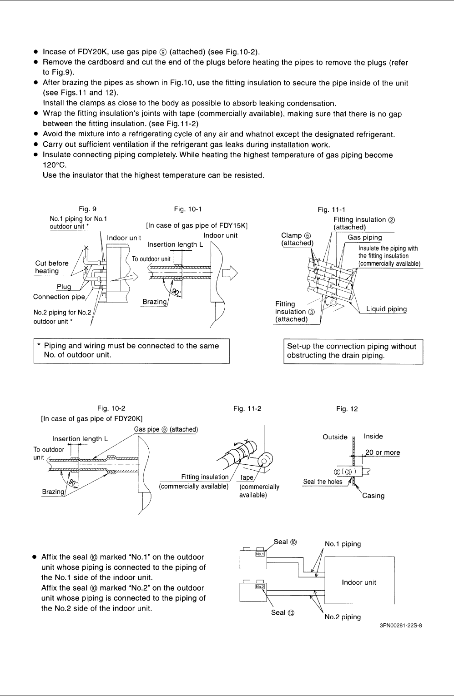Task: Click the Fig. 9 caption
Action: pyautogui.click(x=87, y=209)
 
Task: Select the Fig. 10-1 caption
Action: pyautogui.click(x=187, y=209)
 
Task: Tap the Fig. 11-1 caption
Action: pyautogui.click(x=331, y=210)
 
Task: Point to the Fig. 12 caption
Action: pyautogui.click(x=347, y=409)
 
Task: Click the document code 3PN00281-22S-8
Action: pyautogui.click(x=401, y=626)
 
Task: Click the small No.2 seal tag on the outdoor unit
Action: pyautogui.click(x=260, y=587)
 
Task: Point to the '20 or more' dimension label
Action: pyautogui.click(x=383, y=452)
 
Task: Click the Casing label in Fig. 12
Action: pyautogui.click(x=373, y=496)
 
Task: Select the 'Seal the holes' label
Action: pyautogui.click(x=323, y=482)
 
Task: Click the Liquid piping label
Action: pyautogui.click(x=387, y=309)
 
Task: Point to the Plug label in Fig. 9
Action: pyautogui.click(x=64, y=287)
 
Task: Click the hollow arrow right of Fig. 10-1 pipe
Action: pyautogui.click(x=230, y=273)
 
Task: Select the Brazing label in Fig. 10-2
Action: pyautogui.click(x=53, y=492)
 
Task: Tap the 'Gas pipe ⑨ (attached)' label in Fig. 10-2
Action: pyautogui.click(x=166, y=429)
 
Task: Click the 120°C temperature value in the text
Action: pyautogui.click(x=55, y=165)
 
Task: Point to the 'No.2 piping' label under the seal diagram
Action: pyautogui.click(x=343, y=617)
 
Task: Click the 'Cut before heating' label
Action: pyautogui.click(x=52, y=267)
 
